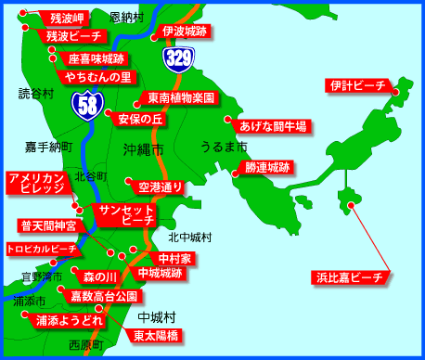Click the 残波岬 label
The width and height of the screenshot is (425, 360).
point(67,18)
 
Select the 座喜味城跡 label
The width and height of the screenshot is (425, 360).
point(96,58)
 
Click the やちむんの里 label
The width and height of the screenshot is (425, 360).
point(97,77)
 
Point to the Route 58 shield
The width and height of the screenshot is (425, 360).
point(88,106)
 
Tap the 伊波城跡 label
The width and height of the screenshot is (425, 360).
point(184,31)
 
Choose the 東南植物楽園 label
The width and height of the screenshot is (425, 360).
point(181,97)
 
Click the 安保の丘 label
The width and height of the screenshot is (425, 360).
point(140,119)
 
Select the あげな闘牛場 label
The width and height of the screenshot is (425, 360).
point(273,125)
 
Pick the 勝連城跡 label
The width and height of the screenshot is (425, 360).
point(267,168)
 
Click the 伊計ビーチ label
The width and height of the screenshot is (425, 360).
point(356,86)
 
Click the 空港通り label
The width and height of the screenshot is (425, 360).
point(160,186)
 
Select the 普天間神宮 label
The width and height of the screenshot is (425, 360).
point(48,225)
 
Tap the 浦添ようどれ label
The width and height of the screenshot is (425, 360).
point(69,320)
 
